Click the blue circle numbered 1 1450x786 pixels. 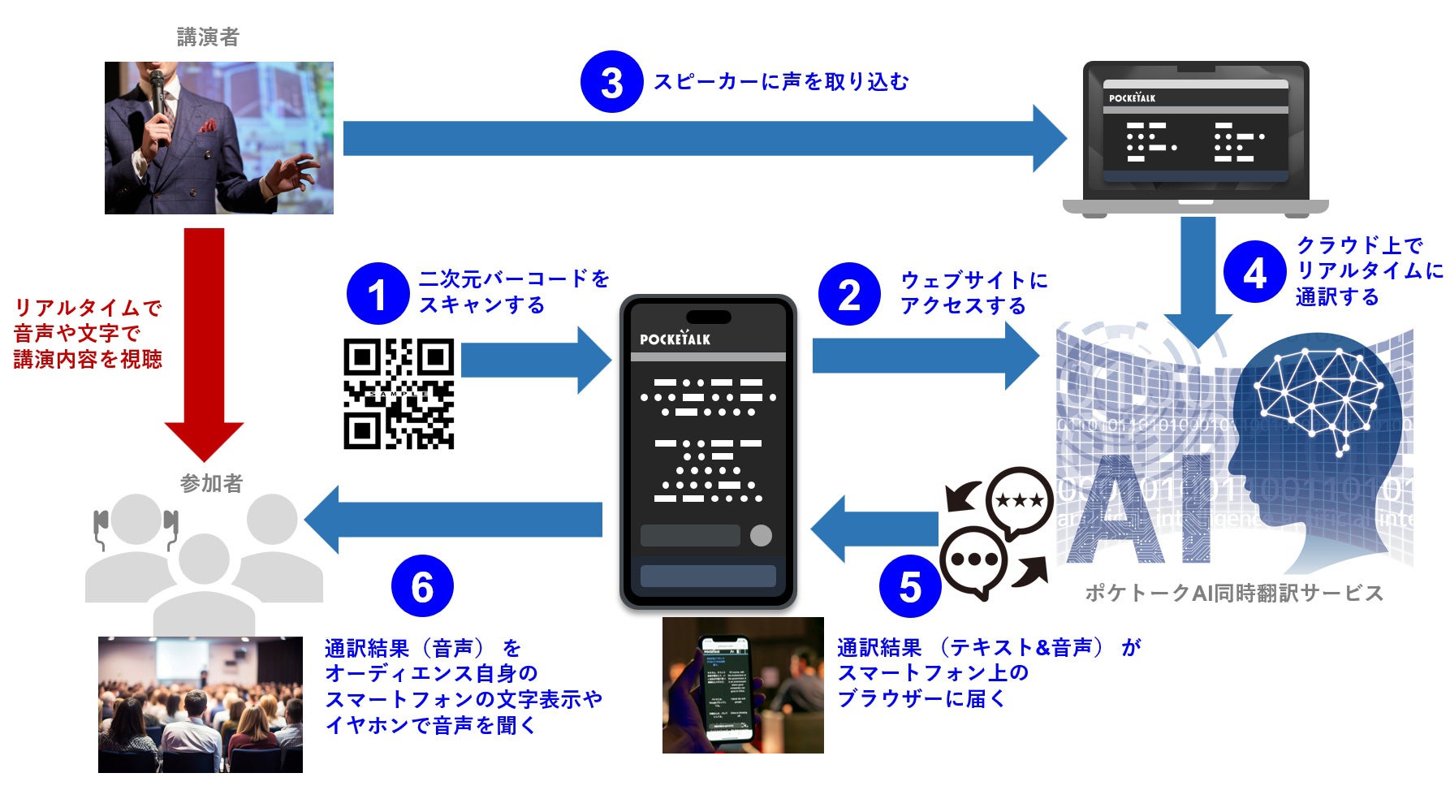(377, 293)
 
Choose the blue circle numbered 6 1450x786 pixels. (422, 586)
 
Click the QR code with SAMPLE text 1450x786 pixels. (399, 394)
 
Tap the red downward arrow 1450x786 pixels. (204, 341)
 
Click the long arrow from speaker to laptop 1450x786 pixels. (698, 138)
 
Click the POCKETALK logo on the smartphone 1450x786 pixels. (675, 338)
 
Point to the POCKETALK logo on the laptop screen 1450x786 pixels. (1132, 97)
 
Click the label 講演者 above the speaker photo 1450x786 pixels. (208, 37)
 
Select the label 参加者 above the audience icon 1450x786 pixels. (211, 483)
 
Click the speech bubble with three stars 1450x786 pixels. (1019, 499)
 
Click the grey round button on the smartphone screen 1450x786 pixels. (761, 535)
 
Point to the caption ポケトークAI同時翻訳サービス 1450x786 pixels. (1233, 593)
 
